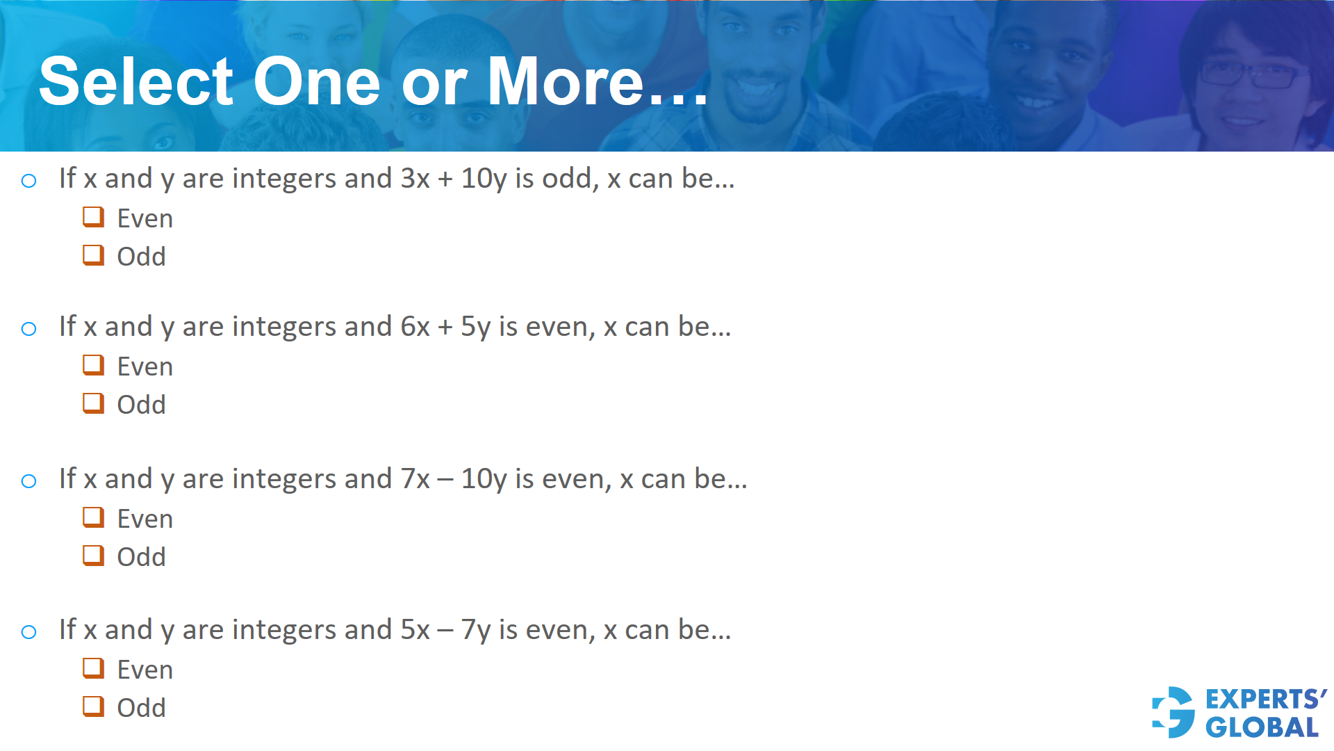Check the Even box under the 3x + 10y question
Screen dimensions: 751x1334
pyautogui.click(x=93, y=217)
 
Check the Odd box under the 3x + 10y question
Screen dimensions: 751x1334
pyautogui.click(x=93, y=255)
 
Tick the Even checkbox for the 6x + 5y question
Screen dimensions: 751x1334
pyautogui.click(x=93, y=365)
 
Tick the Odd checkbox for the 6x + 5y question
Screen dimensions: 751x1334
pyautogui.click(x=93, y=403)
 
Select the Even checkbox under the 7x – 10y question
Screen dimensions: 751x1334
pyautogui.click(x=93, y=517)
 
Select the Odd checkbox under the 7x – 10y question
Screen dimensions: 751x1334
pyautogui.click(x=93, y=556)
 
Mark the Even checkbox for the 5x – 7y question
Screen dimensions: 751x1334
pyautogui.click(x=93, y=668)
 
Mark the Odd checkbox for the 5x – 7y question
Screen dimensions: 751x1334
pyautogui.click(x=93, y=706)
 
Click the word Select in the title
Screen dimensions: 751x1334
pyautogui.click(x=136, y=82)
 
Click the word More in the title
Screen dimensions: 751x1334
pyautogui.click(x=566, y=82)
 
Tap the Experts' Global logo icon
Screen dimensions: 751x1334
pyautogui.click(x=1174, y=712)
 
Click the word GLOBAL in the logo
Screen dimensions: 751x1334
pyautogui.click(x=1262, y=727)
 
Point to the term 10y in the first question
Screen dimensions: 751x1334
pyautogui.click(x=484, y=179)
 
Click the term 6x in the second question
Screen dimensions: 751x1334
pyautogui.click(x=415, y=327)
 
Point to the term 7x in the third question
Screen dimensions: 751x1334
pyautogui.click(x=415, y=479)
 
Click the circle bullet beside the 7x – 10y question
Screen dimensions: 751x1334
pyautogui.click(x=28, y=481)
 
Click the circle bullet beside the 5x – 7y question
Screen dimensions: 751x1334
pyautogui.click(x=28, y=631)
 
